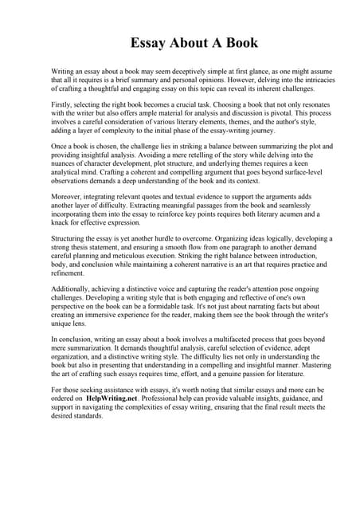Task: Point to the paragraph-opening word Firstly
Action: pyautogui.click(x=62, y=103)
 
